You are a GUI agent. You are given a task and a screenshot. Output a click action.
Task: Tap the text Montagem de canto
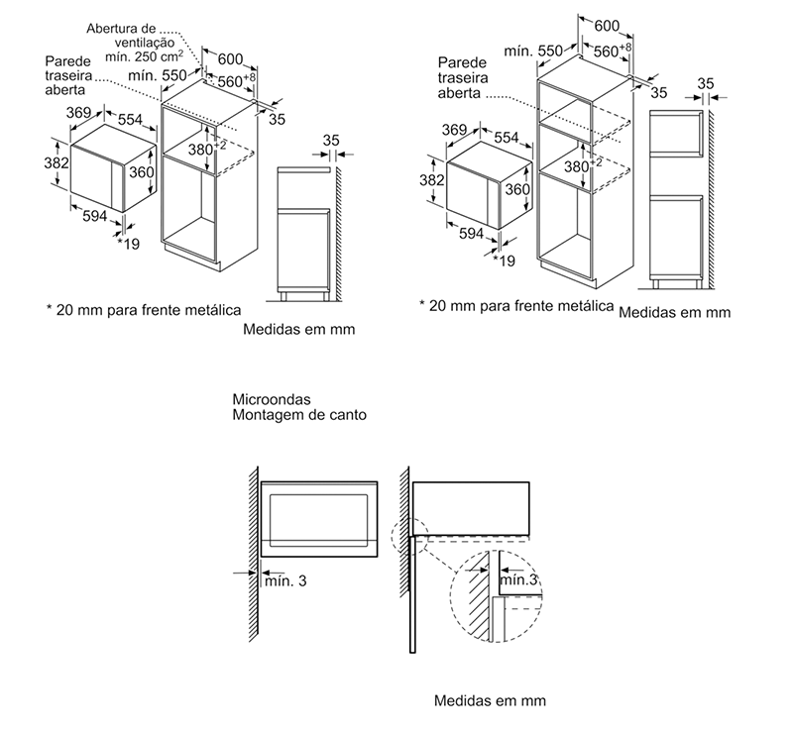tap(297, 416)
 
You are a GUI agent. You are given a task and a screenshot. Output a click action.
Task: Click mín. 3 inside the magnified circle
tap(518, 578)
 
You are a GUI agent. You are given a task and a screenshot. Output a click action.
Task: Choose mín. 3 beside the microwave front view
tap(286, 581)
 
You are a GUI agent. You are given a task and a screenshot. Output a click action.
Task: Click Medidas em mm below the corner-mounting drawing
tap(490, 700)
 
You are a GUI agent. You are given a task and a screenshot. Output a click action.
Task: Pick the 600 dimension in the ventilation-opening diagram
tap(230, 58)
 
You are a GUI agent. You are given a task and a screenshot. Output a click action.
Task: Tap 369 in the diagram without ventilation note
tap(454, 130)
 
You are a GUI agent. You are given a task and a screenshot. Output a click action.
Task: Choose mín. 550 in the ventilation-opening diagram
tap(158, 75)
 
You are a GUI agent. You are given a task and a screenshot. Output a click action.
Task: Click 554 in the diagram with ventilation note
tap(130, 120)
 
